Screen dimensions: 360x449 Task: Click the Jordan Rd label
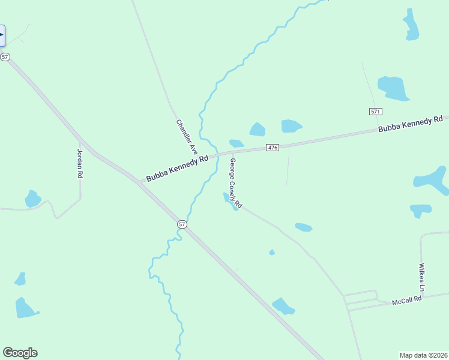79,163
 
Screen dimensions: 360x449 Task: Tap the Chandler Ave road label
187,137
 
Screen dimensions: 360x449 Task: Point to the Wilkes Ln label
422,278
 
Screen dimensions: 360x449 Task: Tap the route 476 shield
273,148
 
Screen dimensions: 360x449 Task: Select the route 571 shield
376,112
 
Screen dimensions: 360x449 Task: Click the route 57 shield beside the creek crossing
182,224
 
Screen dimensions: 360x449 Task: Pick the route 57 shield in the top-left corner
5,56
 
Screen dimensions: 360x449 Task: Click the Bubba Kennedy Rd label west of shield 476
177,168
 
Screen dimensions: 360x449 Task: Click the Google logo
20,353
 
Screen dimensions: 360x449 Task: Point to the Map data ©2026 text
423,355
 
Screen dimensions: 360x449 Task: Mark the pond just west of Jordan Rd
32,199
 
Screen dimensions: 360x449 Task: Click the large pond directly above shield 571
393,88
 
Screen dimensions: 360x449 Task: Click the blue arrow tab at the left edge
2,35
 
